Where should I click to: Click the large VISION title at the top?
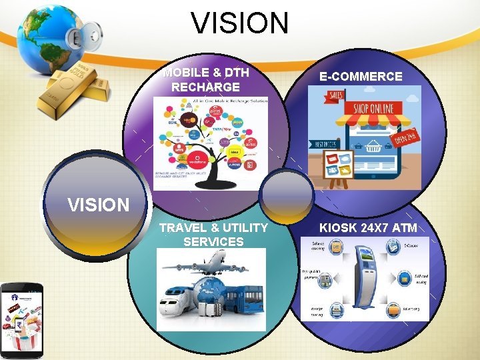[x=240, y=23]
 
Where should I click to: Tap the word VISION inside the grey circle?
[x=98, y=205]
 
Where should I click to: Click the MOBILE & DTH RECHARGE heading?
[x=206, y=80]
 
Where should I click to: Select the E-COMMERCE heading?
[x=361, y=76]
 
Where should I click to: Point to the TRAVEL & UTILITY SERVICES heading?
[x=213, y=234]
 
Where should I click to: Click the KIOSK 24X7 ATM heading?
[x=368, y=227]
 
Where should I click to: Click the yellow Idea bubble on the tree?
[x=234, y=153]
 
